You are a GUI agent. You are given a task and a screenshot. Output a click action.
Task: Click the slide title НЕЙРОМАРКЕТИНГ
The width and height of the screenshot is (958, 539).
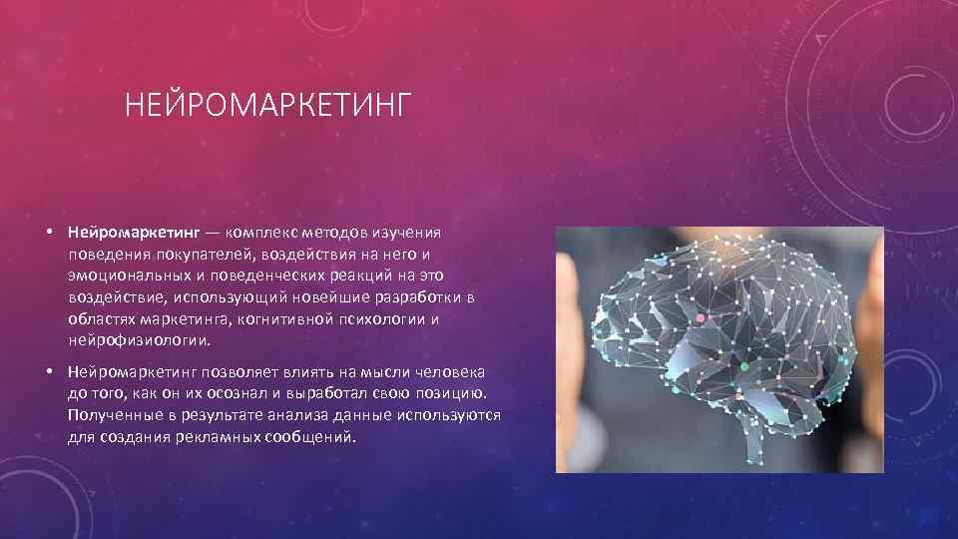268,105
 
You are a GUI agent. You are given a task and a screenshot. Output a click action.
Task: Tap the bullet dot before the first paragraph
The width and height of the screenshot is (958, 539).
49,231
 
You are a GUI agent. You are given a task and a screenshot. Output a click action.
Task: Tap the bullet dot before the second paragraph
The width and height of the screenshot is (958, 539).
49,371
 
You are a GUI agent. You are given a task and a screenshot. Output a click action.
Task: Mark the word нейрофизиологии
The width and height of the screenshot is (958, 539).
139,341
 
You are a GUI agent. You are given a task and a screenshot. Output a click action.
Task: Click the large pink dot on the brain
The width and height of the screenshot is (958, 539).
700,317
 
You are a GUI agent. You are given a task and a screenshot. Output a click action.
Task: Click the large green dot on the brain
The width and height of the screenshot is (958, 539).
744,367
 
